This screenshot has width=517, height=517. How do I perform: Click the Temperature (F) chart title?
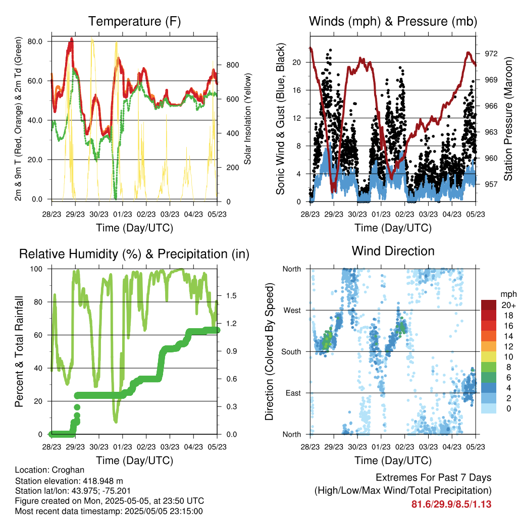pos(134,21)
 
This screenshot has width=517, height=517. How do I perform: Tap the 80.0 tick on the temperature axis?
pos(35,41)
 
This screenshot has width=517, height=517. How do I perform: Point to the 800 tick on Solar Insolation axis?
pos(233,65)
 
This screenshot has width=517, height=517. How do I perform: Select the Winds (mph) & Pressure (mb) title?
pos(393,21)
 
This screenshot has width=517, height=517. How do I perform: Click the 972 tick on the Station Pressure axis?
pos(491,54)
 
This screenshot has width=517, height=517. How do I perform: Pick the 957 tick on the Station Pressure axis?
pos(491,184)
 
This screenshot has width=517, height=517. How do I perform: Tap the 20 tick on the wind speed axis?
pos(296,62)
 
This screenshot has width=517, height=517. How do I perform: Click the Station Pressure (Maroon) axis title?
pos(508,119)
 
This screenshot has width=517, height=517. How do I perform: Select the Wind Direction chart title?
pos(393,251)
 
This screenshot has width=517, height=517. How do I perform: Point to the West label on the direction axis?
pos(292,311)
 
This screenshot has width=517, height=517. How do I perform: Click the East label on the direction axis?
pos(293,393)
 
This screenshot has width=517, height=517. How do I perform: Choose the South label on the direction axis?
pos(291,352)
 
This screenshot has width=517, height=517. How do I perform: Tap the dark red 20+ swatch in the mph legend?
pos(489,305)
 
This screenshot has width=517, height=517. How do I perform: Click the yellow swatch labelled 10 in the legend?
pos(489,357)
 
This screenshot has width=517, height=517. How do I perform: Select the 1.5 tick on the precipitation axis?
pos(231,296)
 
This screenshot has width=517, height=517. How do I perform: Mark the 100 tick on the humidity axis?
pos(36,269)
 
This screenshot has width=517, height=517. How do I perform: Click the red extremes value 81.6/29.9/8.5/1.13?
pos(451,504)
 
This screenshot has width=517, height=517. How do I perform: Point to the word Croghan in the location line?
pos(68,470)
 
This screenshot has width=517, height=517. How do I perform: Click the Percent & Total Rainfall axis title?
pos(20,351)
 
